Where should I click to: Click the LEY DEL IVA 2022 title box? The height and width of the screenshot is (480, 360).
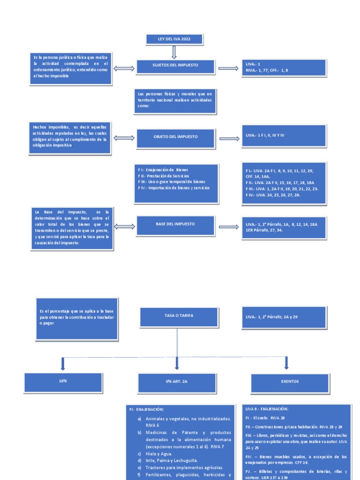174,39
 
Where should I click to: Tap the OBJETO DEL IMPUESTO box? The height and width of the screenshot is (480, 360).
175,136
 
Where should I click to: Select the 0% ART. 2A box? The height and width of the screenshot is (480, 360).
177,382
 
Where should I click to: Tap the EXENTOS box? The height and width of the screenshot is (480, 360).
290,382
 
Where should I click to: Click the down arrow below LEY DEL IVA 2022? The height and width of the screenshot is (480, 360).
174,52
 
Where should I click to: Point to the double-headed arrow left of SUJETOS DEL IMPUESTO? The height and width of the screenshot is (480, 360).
124,68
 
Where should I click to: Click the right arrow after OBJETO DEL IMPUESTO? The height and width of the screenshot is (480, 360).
229,139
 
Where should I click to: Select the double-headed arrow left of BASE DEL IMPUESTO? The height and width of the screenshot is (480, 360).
124,226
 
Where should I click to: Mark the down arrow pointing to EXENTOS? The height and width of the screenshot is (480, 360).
286,363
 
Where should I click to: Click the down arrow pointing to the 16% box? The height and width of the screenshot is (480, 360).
63,363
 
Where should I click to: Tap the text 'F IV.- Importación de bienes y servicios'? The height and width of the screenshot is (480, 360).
174,187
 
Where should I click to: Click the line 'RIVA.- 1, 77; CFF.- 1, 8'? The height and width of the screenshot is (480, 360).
267,70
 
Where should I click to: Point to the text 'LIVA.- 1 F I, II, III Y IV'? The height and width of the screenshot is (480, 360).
265,135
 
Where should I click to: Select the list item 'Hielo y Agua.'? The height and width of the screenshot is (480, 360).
159,454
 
